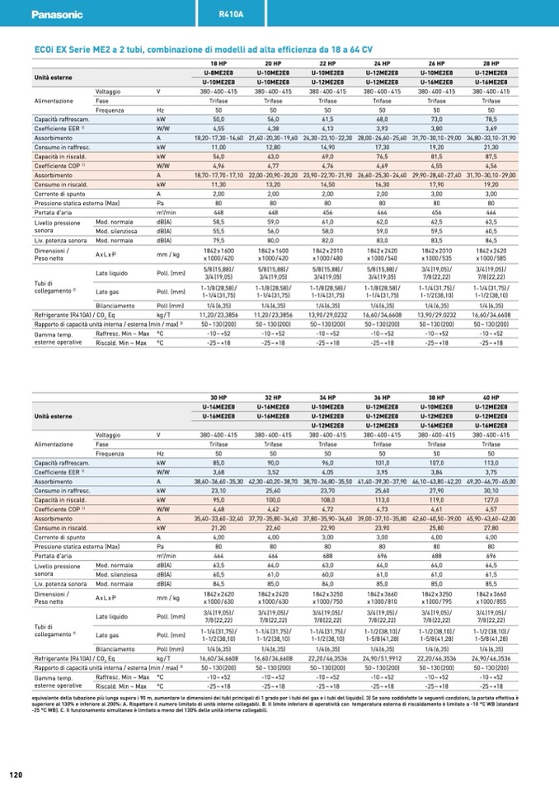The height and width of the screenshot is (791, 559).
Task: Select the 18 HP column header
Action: [x=218, y=64]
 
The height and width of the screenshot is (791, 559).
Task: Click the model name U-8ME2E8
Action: [x=218, y=73]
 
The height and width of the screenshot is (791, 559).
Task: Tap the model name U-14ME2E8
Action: [x=218, y=407]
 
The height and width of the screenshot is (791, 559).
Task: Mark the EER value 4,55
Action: [x=218, y=129]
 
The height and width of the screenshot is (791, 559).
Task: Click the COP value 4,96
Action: [x=218, y=166]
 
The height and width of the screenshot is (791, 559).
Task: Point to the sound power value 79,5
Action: [x=218, y=241]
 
